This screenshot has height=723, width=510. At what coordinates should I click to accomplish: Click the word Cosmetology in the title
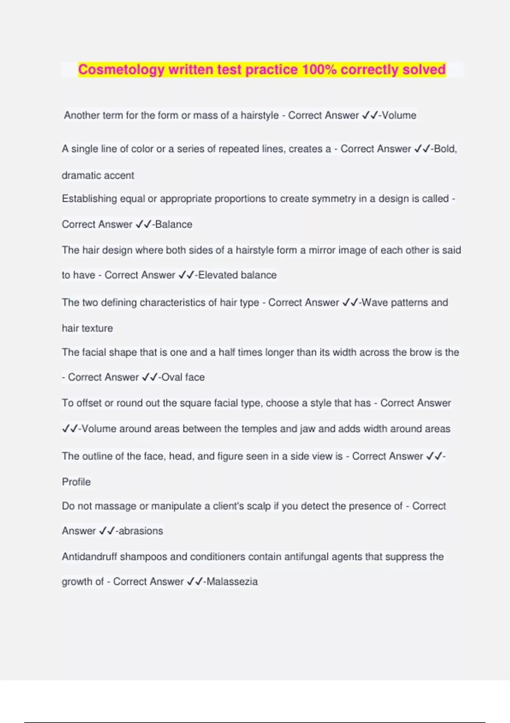[x=121, y=69]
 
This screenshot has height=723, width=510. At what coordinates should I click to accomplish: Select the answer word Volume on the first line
[x=399, y=115]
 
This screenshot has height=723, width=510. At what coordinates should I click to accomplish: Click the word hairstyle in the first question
[x=260, y=115]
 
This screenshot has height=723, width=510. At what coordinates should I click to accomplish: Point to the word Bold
[x=444, y=149]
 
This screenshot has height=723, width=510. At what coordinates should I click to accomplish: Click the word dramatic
[x=80, y=175]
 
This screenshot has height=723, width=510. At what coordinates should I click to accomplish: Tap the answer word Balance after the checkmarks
[x=174, y=224]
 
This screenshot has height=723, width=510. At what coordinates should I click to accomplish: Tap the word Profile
[x=76, y=482]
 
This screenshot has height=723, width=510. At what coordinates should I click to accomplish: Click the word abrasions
[x=141, y=531]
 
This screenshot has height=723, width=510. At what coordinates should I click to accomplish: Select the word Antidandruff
[x=89, y=557]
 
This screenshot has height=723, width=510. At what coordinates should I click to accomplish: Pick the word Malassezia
[x=232, y=581]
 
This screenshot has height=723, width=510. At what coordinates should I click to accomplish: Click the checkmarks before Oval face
[x=150, y=377]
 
